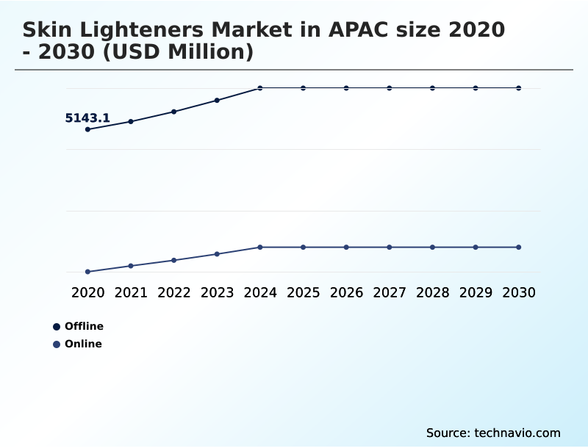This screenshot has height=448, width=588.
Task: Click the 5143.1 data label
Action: coord(87,118)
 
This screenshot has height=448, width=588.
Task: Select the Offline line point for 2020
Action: coord(88,129)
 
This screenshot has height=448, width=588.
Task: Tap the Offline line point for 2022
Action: coord(174,112)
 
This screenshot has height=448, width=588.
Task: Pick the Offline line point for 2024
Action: coord(260,88)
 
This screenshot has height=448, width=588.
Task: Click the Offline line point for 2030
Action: coord(518,88)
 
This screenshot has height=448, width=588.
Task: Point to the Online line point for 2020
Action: coord(88,272)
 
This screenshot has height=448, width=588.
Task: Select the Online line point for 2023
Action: coord(217,254)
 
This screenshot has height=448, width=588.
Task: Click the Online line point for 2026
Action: coord(346,247)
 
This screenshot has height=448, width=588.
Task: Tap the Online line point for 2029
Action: coord(476,247)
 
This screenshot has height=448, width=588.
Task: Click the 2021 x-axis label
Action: coord(131,292)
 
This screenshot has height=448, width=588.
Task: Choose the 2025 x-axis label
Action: coord(303,292)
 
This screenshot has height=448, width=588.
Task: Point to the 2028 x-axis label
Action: coord(432,292)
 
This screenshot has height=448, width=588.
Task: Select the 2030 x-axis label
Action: coord(518,292)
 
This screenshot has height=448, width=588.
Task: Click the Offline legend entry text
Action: coord(84,326)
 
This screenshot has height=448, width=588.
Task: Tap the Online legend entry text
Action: coord(83,344)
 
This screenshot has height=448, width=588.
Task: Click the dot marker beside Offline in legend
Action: coord(57,327)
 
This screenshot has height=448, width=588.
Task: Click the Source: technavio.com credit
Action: coord(493,433)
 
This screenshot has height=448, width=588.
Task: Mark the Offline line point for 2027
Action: coord(390,88)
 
